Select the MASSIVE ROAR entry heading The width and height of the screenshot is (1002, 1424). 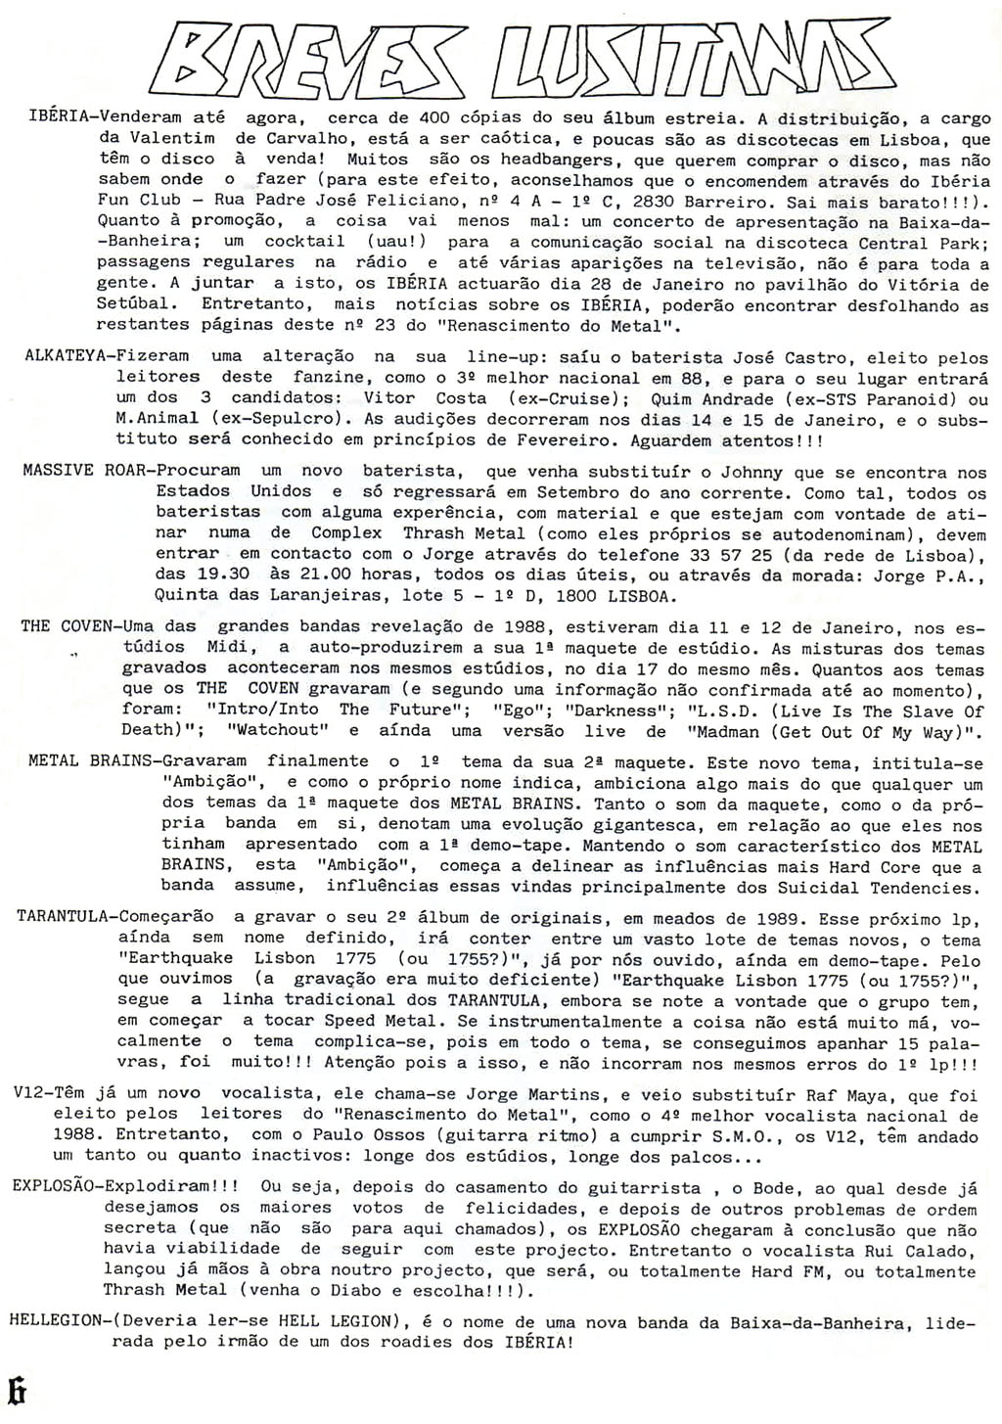tap(84, 470)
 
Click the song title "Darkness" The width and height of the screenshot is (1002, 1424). tap(615, 710)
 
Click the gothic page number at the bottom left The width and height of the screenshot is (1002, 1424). tap(15, 1390)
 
